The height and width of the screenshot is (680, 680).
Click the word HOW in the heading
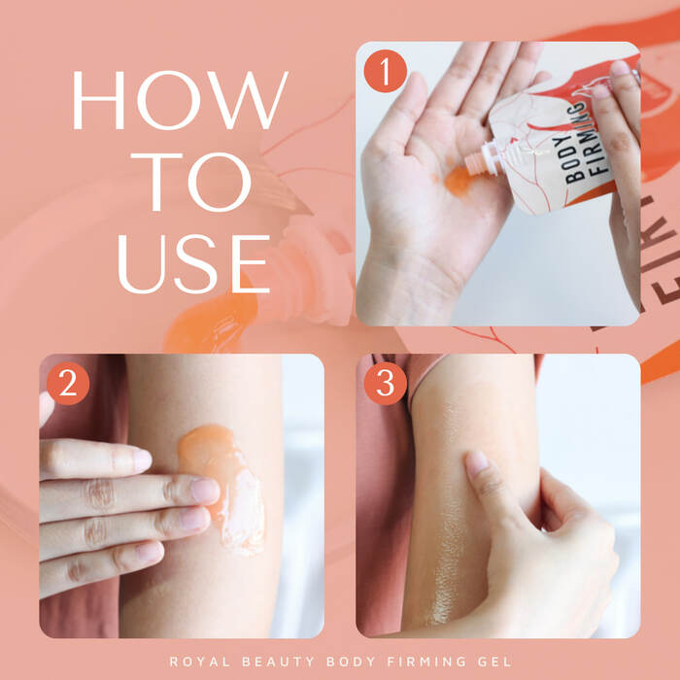pos(180,100)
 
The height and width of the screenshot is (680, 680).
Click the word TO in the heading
pos(191,182)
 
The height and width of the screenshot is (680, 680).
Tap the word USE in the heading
pos(193,263)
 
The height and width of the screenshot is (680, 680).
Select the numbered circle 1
pos(385,71)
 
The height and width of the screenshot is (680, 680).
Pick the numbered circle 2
pos(68,384)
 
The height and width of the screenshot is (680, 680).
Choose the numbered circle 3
pos(385,384)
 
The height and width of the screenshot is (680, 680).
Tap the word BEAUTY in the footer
pos(279,662)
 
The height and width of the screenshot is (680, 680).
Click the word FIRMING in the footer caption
pos(426,662)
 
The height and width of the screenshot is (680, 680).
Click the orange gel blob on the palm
pos(458,181)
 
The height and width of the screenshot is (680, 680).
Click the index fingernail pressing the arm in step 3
pos(477,462)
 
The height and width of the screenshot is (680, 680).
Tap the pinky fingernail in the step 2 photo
pos(149,553)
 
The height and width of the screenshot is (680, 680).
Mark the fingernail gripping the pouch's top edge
pos(620,68)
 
